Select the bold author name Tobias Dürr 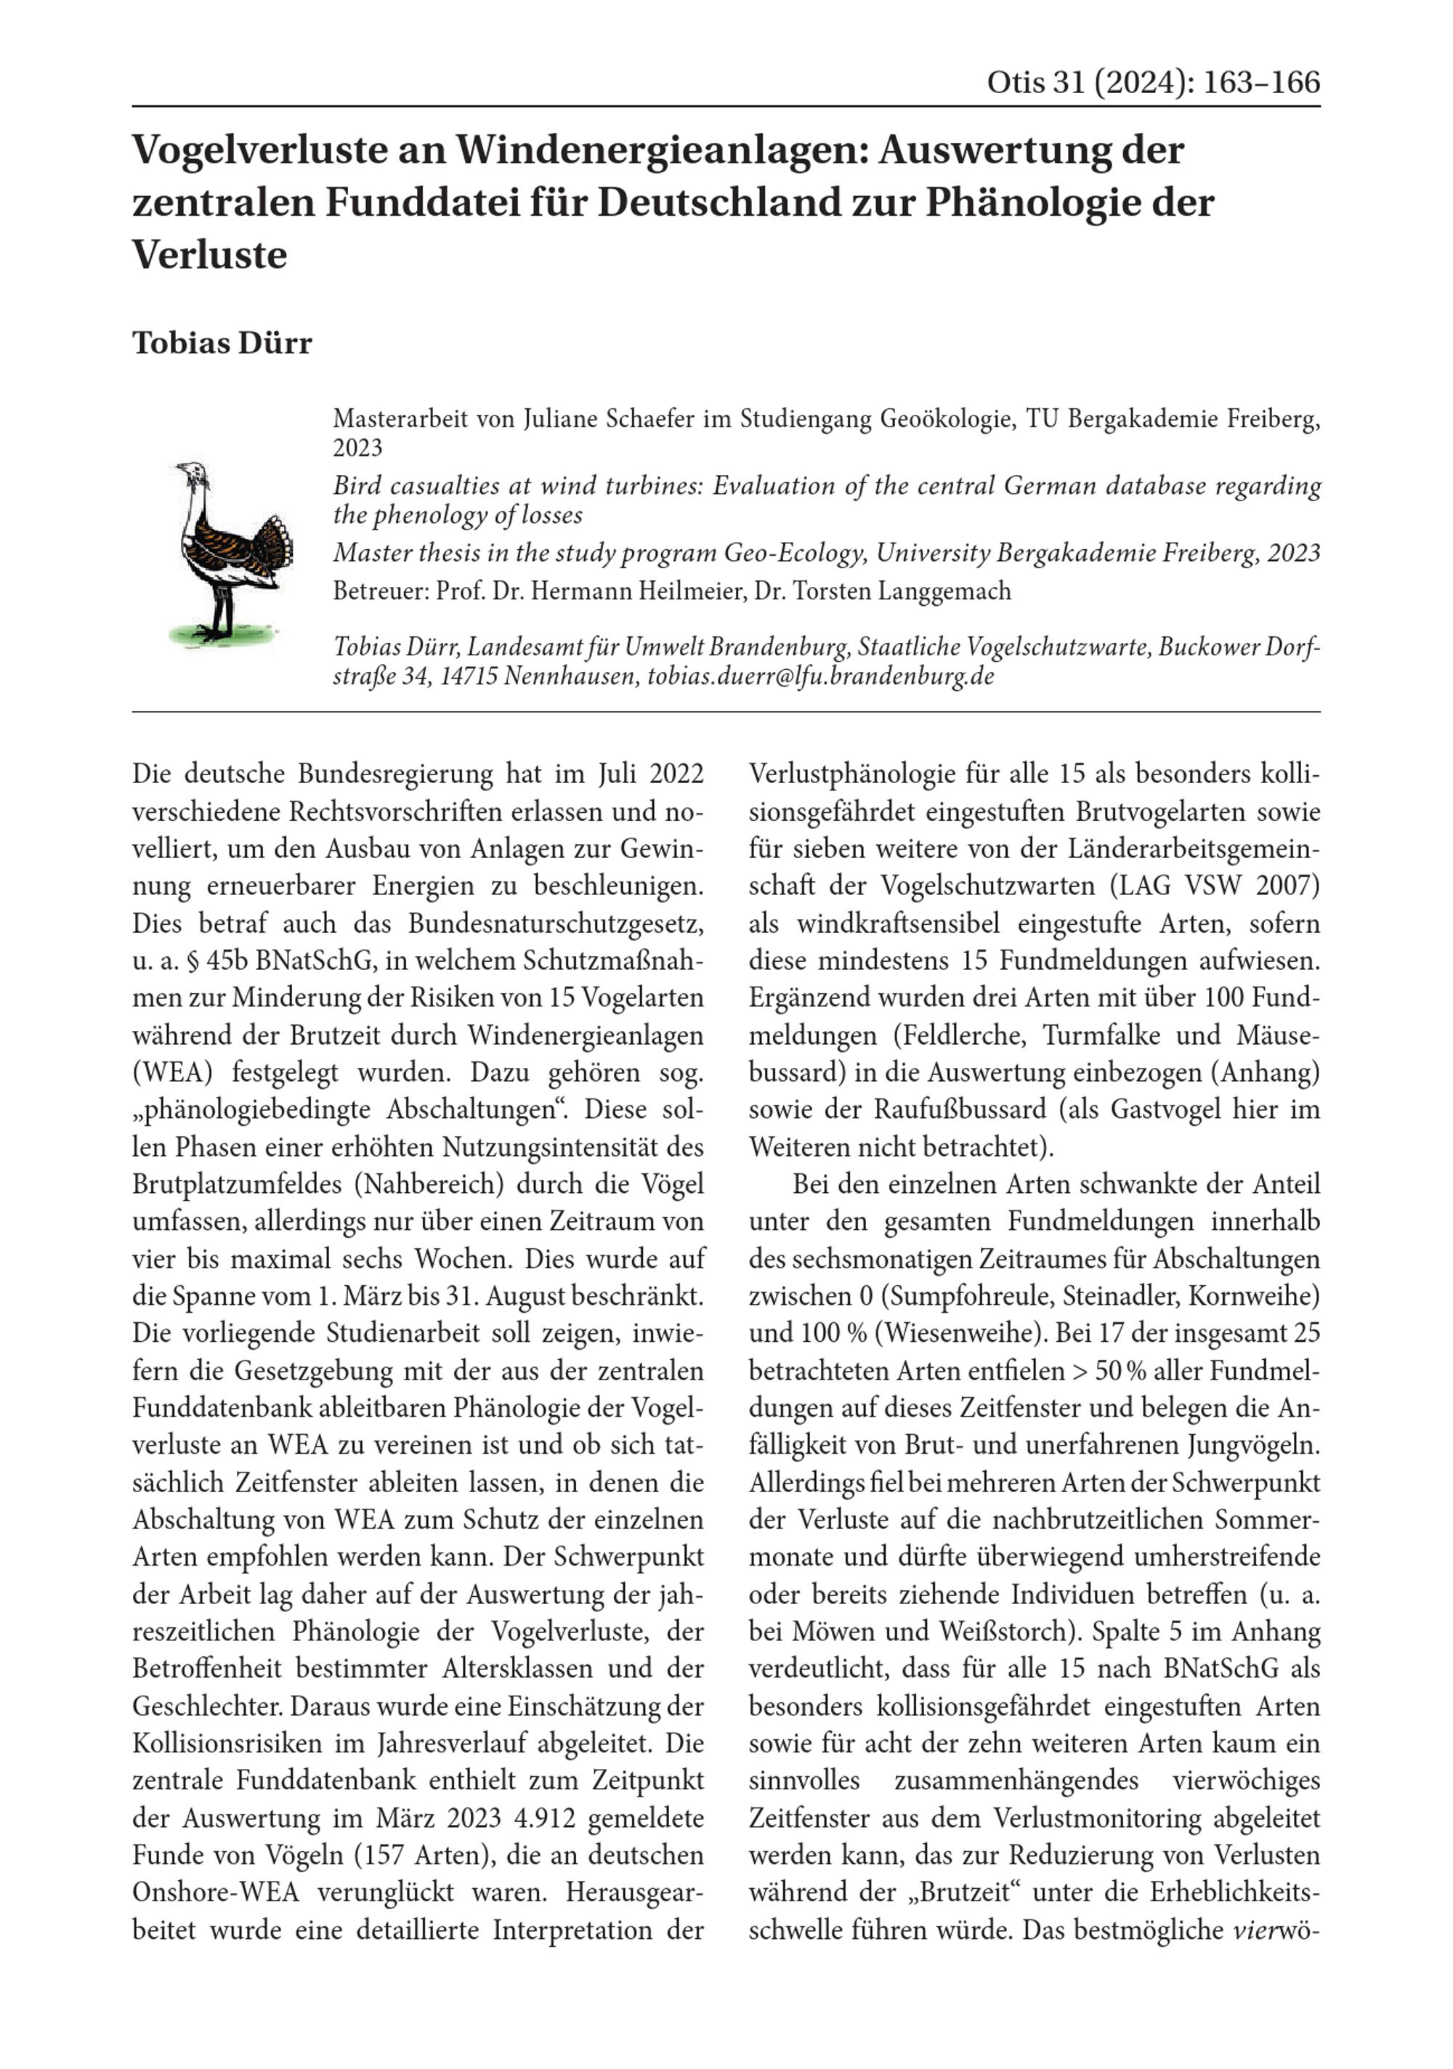[222, 344]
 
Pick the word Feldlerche [959, 1035]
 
